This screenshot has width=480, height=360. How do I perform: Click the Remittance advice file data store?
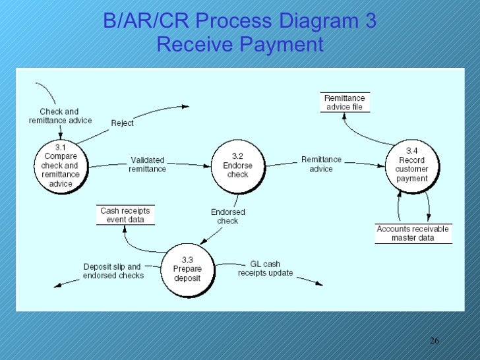point(344,102)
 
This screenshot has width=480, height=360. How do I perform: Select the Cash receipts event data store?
point(125,215)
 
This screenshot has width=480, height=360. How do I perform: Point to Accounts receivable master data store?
point(413,233)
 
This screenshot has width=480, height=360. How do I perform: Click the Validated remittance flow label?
point(148,164)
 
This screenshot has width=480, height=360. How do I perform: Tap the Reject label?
point(122,123)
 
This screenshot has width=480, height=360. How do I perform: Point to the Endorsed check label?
point(228,216)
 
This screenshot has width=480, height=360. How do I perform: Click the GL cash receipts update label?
point(265,268)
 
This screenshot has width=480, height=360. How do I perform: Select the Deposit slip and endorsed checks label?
point(113,271)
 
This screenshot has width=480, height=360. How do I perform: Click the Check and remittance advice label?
point(60,116)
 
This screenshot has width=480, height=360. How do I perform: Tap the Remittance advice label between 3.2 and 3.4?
point(321,164)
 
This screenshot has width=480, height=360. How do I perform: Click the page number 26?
point(434,340)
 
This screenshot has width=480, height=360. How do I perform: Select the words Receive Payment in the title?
point(240,45)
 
